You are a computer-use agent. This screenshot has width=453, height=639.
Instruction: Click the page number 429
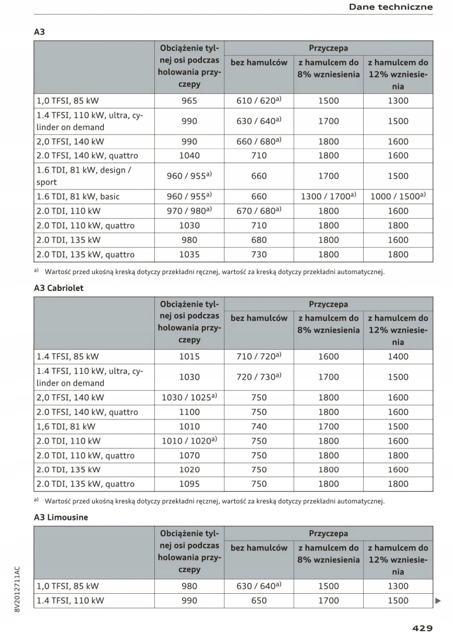pyautogui.click(x=422, y=628)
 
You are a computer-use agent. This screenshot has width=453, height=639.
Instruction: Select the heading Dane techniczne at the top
pyautogui.click(x=391, y=7)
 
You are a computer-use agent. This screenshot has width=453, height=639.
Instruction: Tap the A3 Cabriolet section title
pyautogui.click(x=59, y=288)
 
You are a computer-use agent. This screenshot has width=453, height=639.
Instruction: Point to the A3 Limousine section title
pyautogui.click(x=61, y=518)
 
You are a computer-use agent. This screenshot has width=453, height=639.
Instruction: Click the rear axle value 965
pyautogui.click(x=189, y=100)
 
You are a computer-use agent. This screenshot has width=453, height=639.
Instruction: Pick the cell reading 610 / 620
pyautogui.click(x=259, y=100)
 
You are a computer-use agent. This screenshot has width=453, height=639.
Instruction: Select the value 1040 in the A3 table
pyautogui.click(x=189, y=155)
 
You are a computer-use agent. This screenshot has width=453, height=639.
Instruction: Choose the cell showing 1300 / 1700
pyautogui.click(x=328, y=197)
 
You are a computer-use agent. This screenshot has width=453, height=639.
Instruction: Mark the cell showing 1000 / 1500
pyautogui.click(x=398, y=197)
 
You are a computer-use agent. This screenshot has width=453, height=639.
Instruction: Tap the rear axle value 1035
pyautogui.click(x=189, y=255)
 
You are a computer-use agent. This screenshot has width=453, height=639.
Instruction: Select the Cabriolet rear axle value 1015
pyautogui.click(x=189, y=356)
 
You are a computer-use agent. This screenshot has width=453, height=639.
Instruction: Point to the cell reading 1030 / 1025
pyautogui.click(x=189, y=397)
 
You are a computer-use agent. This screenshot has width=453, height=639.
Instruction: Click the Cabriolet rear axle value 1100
pyautogui.click(x=189, y=412)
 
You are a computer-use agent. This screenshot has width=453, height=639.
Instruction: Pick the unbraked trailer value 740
pyautogui.click(x=259, y=427)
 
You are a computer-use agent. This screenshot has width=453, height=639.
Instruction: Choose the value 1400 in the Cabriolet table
pyautogui.click(x=398, y=356)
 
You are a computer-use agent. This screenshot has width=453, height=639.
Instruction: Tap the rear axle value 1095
pyautogui.click(x=189, y=484)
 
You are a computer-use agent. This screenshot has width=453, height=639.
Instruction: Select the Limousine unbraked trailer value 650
pyautogui.click(x=259, y=600)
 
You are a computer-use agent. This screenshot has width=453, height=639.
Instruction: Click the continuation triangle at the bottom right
pyautogui.click(x=438, y=601)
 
